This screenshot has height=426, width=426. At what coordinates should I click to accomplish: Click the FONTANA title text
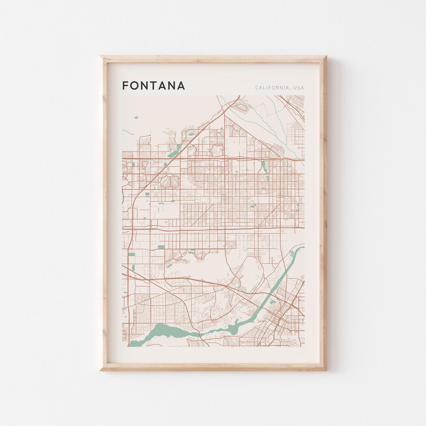[x=153, y=86]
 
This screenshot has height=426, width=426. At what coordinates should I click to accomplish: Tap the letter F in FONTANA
[x=125, y=86]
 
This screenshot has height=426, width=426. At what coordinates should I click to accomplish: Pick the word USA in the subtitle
[x=299, y=88]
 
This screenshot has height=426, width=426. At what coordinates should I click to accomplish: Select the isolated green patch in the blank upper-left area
[x=136, y=117]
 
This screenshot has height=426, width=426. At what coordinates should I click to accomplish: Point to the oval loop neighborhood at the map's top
[x=217, y=149]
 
